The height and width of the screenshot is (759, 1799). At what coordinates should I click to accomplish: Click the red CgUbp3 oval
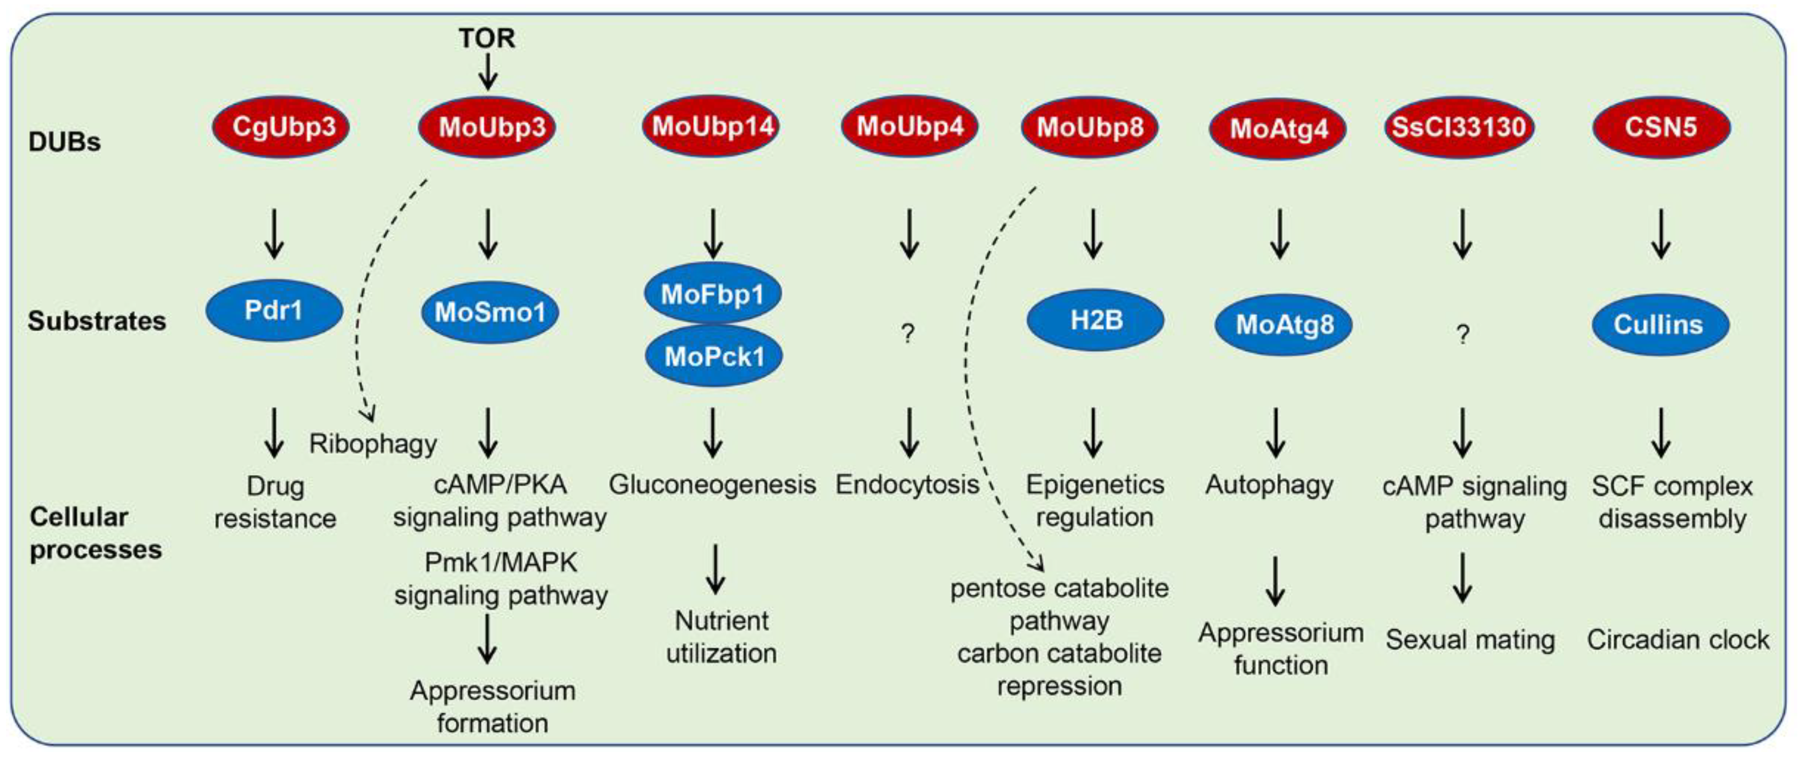pos(281,127)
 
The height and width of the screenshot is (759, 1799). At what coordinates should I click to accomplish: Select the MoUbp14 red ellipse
pos(712,126)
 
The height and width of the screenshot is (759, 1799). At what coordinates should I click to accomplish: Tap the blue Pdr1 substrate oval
pos(274,310)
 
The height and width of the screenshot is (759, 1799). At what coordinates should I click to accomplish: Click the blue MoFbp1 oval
pos(712,293)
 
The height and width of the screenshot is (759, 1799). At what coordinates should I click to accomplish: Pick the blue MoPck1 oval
pos(714,356)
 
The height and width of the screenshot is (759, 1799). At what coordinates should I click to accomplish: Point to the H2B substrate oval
pos(1095,320)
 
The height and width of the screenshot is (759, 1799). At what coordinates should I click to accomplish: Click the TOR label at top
pos(486,38)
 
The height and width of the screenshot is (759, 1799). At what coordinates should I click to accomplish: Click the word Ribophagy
pos(373,444)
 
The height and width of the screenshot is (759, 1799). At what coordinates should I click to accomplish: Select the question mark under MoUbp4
pos(907,334)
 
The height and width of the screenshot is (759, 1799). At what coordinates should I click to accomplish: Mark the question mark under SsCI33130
pos(1462,335)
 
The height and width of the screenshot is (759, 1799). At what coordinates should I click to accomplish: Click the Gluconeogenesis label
pos(712,484)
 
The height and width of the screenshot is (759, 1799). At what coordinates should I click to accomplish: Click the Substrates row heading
pos(97,321)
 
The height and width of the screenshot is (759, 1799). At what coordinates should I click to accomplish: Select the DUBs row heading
pos(64,141)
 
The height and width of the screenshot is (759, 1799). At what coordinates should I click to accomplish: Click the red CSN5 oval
pos(1661,127)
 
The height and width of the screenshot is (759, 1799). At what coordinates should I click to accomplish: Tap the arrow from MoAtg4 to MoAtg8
pos(1279,235)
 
